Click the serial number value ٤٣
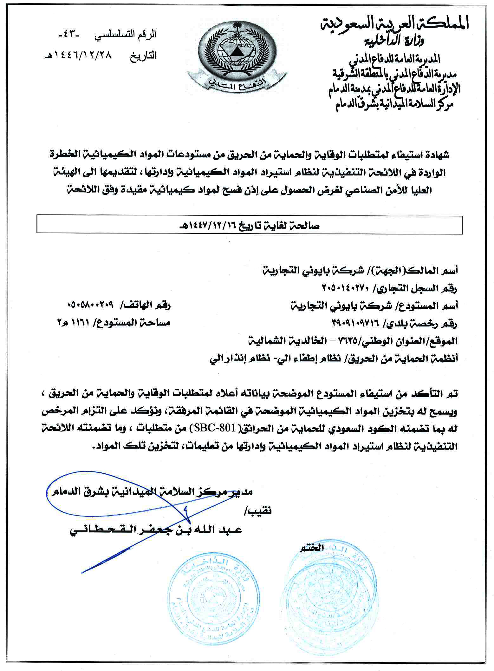coord(69,34)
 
